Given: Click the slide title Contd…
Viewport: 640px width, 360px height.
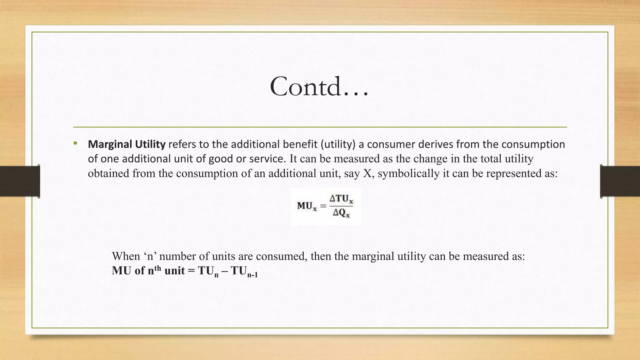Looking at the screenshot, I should [x=319, y=87].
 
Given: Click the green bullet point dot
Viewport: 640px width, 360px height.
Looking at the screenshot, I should [x=75, y=143].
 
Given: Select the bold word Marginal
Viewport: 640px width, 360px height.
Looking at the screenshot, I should [x=110, y=144].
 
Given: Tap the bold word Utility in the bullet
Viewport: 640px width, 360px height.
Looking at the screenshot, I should [x=150, y=144].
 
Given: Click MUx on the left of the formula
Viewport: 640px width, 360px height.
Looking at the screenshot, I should [x=307, y=206].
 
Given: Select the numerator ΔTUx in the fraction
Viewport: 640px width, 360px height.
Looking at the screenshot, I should [x=341, y=199].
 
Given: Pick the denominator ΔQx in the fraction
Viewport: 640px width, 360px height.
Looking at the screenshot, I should [x=341, y=213].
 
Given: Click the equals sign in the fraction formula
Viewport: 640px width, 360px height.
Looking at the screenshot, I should [x=323, y=206].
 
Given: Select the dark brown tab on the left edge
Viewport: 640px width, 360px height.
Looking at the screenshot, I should [x=20, y=181].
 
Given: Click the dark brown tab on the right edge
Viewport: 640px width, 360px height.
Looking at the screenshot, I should [x=620, y=181].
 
